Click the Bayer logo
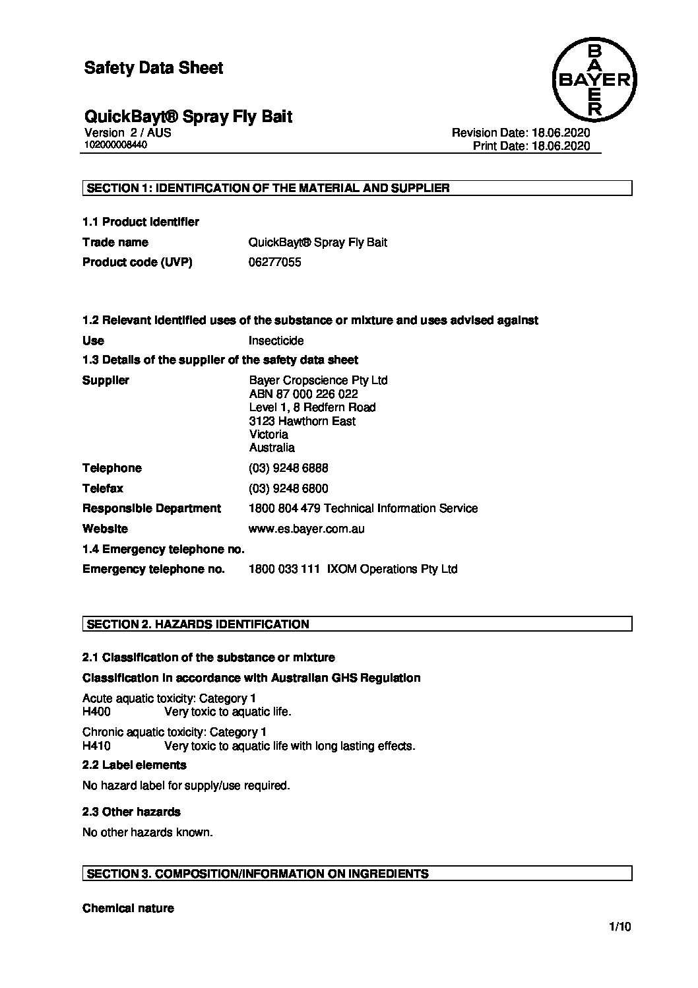tap(594, 81)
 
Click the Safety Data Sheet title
tap(154, 68)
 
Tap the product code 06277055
tap(274, 262)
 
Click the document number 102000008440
tap(114, 145)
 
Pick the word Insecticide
tap(276, 341)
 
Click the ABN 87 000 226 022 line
tap(303, 394)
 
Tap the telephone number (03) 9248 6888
tap(288, 468)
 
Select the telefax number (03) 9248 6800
tap(288, 488)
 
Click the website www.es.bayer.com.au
tap(306, 529)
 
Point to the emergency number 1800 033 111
tap(284, 569)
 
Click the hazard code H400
tap(96, 712)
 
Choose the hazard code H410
tap(96, 746)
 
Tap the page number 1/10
tap(620, 927)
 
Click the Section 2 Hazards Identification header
tap(198, 624)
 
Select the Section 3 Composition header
tap(257, 874)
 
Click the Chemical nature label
tap(128, 908)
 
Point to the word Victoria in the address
tap(269, 434)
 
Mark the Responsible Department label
tap(152, 508)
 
